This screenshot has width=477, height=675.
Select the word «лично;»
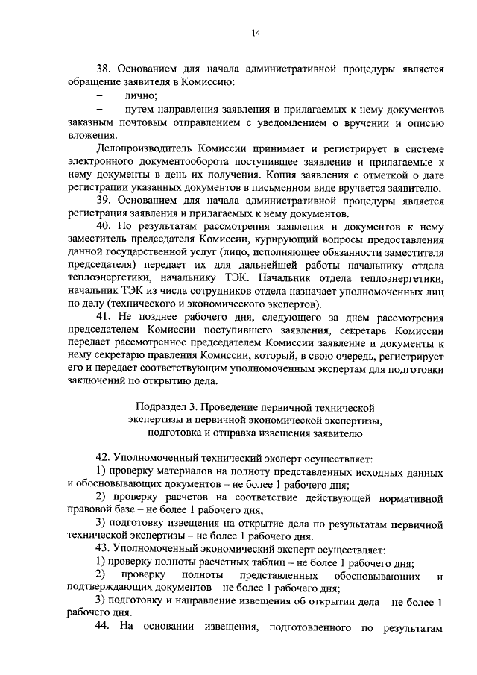[141, 95]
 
